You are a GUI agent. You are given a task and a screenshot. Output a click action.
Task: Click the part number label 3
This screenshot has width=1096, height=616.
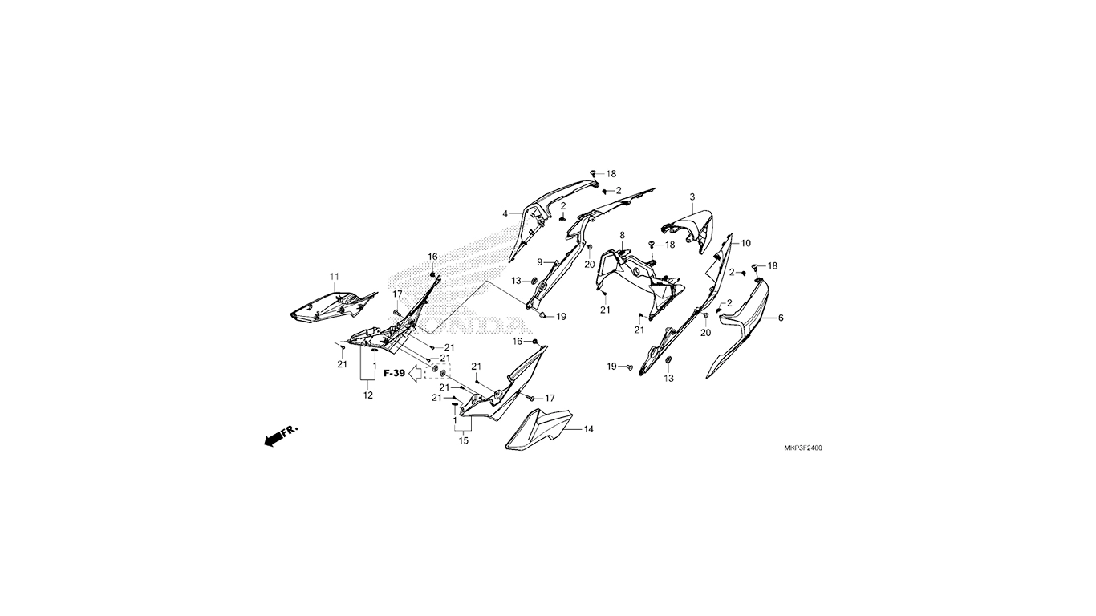[x=692, y=197]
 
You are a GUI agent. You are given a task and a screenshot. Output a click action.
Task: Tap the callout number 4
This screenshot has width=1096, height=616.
[x=505, y=214]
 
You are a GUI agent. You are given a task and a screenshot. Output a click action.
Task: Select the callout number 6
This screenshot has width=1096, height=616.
[x=781, y=318]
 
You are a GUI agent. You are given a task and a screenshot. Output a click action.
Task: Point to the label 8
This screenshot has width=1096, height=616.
[x=623, y=235]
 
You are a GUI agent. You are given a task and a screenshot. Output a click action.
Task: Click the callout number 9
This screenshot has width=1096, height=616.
[x=540, y=262]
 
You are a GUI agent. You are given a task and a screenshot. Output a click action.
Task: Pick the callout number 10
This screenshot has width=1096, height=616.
[x=745, y=243]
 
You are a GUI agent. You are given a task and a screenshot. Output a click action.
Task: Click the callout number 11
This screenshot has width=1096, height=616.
[x=335, y=277]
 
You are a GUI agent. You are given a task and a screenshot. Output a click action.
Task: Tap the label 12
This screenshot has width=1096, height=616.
[x=368, y=395]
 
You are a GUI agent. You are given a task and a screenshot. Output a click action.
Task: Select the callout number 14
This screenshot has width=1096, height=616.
[x=589, y=429]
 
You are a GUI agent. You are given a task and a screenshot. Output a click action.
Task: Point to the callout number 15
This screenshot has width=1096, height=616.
[x=464, y=441]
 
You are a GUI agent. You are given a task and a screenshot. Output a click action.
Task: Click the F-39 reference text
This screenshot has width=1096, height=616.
[x=394, y=373]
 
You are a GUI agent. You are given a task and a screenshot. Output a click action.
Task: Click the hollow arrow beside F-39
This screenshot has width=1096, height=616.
[x=416, y=375]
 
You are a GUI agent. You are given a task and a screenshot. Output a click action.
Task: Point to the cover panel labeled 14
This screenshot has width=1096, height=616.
[x=538, y=428]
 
